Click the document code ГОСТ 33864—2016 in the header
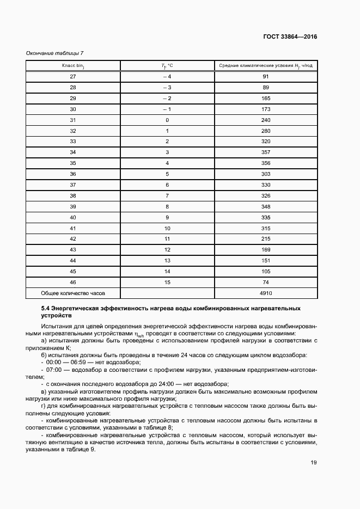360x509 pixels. pyautogui.click(x=289, y=37)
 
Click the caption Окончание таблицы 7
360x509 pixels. pyautogui.click(x=55, y=53)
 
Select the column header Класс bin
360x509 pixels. pyautogui.click(x=73, y=66)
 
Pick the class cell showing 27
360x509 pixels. pyautogui.click(x=73, y=77)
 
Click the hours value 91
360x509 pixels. pyautogui.click(x=266, y=77)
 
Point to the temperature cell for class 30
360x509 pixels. pyautogui.click(x=167, y=109)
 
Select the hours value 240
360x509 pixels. pyautogui.click(x=266, y=120)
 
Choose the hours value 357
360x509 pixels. pyautogui.click(x=266, y=152)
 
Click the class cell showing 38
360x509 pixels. pyautogui.click(x=73, y=195)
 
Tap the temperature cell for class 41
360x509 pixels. pyautogui.click(x=167, y=228)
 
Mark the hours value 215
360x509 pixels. pyautogui.click(x=266, y=239)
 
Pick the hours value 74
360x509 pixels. pyautogui.click(x=266, y=282)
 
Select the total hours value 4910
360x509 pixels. pyautogui.click(x=266, y=293)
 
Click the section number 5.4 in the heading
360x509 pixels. pyautogui.click(x=46, y=309)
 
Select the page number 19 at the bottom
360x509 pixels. pyautogui.click(x=314, y=463)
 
